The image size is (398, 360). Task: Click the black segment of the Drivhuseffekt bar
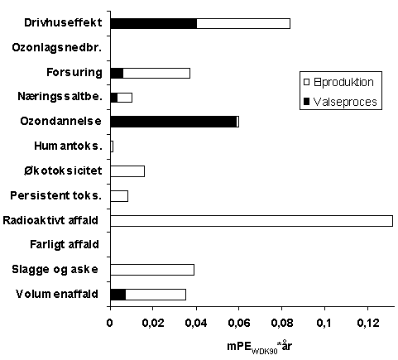(x=154, y=23)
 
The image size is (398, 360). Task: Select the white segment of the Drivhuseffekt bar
(x=243, y=23)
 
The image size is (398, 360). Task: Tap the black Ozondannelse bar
(x=174, y=122)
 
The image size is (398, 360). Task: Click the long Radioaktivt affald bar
(x=252, y=221)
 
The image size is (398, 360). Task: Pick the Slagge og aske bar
(x=152, y=270)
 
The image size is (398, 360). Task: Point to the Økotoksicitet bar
(x=127, y=171)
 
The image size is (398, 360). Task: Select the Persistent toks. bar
(x=119, y=196)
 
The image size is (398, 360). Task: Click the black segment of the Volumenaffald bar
(x=118, y=295)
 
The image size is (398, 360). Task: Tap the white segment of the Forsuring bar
(x=156, y=73)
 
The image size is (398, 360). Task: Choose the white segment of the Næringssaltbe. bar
(x=125, y=98)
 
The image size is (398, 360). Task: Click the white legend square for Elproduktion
(x=306, y=82)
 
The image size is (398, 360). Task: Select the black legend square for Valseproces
(x=306, y=102)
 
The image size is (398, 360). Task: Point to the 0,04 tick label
(x=196, y=323)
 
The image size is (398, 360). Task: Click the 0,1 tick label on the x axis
(x=324, y=323)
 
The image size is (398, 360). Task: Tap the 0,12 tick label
(x=368, y=323)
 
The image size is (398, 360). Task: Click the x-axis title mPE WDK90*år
(x=259, y=347)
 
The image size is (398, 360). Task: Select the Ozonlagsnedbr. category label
(x=57, y=48)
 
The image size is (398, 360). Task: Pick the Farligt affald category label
(x=65, y=245)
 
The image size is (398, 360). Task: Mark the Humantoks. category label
(x=68, y=146)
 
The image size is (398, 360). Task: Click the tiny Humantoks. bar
(x=112, y=146)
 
